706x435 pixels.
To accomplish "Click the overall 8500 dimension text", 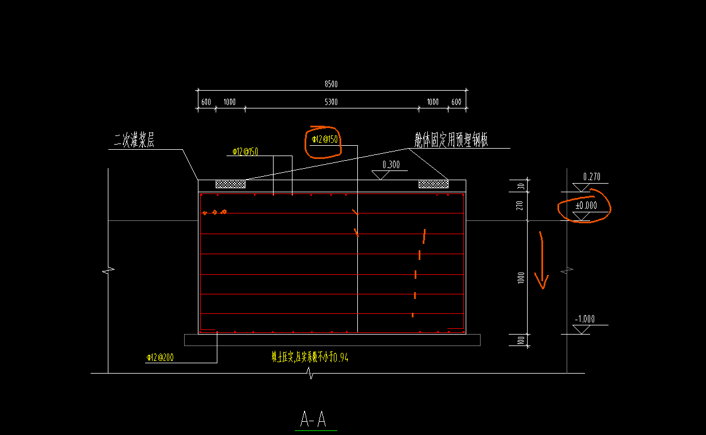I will coord(331,84).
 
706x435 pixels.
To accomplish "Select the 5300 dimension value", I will coord(331,102).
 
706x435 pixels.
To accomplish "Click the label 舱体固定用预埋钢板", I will coord(451,139).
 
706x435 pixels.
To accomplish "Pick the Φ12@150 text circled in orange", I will coord(325,139).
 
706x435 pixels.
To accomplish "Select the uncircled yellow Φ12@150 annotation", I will coord(245,152).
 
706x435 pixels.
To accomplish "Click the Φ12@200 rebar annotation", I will coord(160,358).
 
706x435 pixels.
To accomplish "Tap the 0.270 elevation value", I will coord(591,177).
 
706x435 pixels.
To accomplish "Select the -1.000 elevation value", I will coord(585,319).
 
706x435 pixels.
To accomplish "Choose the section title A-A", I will coord(314,420).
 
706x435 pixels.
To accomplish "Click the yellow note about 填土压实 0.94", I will coord(310,358).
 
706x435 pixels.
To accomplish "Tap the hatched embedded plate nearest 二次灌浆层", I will coord(230,184).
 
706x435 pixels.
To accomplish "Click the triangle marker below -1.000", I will coord(582,329).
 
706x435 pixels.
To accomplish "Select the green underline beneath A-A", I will coord(315,430).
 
